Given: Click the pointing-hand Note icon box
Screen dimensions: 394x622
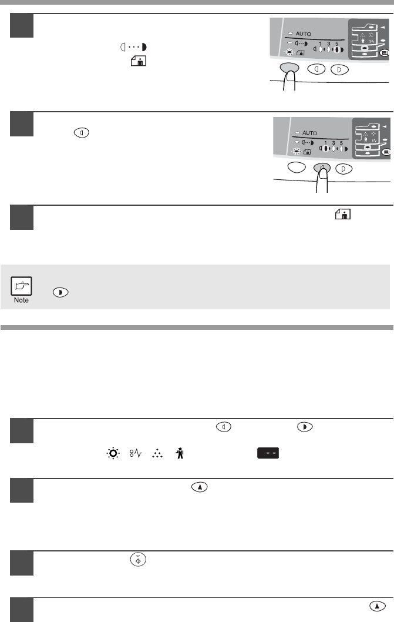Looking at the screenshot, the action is (x=21, y=286).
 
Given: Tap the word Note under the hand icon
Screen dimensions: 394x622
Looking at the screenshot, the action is (x=21, y=300).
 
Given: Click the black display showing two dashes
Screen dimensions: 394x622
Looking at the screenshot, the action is (x=268, y=453).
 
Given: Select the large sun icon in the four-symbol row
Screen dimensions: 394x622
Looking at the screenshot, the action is (x=113, y=453).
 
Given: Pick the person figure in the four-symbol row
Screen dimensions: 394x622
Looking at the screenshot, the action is (x=180, y=453).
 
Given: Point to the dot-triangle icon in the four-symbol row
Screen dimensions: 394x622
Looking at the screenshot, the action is (x=157, y=453).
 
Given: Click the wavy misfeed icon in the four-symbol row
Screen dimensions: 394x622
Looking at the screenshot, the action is (x=136, y=453).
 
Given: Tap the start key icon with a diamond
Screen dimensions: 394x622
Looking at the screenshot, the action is (x=138, y=559).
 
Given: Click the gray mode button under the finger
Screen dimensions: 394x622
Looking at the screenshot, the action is (x=289, y=68).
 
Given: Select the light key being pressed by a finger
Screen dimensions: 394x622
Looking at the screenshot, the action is (x=322, y=169).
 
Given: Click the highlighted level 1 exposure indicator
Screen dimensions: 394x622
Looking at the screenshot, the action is (x=325, y=149).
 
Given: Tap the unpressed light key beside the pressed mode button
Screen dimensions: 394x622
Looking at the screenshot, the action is (x=316, y=69).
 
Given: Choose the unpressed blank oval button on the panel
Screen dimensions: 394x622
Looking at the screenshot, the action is (x=297, y=168).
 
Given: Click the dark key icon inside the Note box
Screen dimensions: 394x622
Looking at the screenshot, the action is (x=60, y=292).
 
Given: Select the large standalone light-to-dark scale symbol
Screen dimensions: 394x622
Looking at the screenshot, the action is (x=133, y=47).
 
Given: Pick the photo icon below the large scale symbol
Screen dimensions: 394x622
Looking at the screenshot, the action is (x=139, y=61).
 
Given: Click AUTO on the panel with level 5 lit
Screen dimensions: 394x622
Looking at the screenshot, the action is (x=303, y=34).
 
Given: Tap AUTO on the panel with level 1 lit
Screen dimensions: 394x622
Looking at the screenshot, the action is (x=309, y=133).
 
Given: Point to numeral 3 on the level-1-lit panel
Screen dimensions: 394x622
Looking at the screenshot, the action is (x=334, y=143).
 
